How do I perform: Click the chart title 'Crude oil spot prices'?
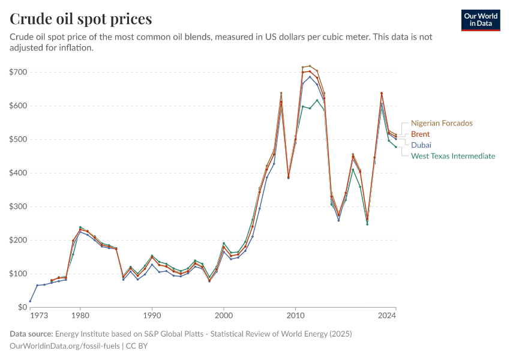coord(80,19)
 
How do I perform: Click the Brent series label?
coord(421,134)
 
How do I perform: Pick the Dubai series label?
coord(421,145)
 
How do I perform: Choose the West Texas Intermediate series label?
coord(453,156)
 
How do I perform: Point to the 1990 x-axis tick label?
coord(152,315)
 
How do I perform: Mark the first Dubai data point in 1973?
coord(30,301)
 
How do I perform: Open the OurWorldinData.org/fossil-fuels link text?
coord(65,346)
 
